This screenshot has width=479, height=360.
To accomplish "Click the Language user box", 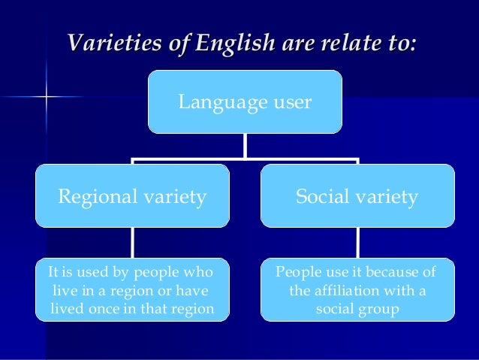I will pyautogui.click(x=245, y=101).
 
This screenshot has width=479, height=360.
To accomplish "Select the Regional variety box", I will pyautogui.click(x=132, y=196).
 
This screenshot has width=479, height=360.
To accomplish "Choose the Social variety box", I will pyautogui.click(x=357, y=196).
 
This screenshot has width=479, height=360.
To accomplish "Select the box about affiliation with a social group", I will pyautogui.click(x=357, y=289).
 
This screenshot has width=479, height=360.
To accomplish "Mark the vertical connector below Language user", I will pyautogui.click(x=245, y=145).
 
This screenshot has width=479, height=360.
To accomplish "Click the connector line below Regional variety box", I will pyautogui.click(x=132, y=243).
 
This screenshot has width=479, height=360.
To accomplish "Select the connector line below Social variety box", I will pyautogui.click(x=357, y=243).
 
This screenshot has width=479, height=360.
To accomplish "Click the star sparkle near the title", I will pyautogui.click(x=46, y=96).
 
